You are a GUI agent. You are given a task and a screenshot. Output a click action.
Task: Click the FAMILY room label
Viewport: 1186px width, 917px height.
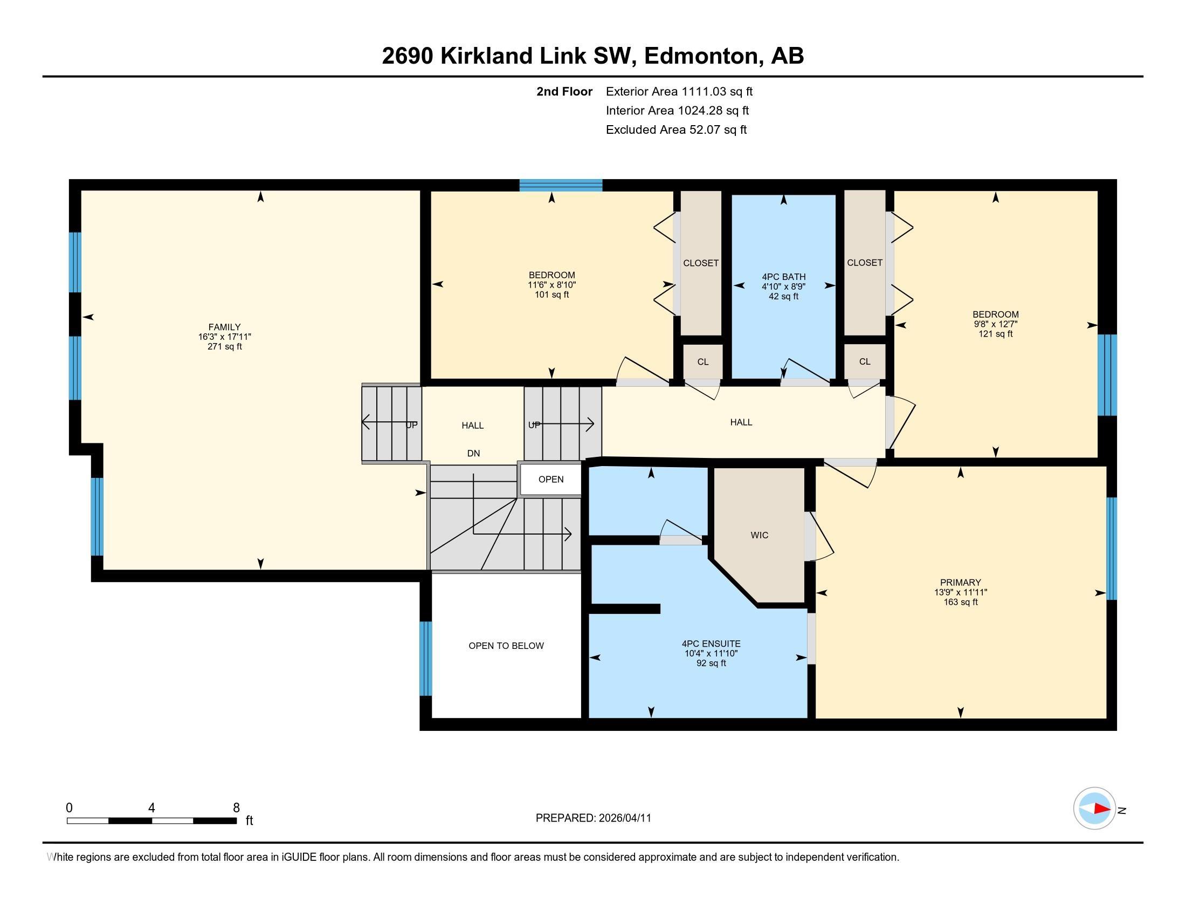pos(224,327)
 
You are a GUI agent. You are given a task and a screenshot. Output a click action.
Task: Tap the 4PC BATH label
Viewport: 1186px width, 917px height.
pos(783,277)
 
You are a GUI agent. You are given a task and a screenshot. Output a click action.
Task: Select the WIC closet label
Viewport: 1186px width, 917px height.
pos(759,535)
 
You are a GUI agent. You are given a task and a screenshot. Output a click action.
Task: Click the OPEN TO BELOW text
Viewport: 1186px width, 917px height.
pos(506,645)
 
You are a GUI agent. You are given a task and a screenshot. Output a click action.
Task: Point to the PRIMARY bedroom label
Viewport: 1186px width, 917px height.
pos(960,583)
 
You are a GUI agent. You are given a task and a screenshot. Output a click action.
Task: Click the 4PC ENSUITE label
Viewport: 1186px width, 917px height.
pos(711,644)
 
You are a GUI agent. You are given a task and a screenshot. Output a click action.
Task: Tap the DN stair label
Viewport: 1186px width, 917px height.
pos(473,453)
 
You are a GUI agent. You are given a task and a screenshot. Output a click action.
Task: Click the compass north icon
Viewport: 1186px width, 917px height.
pos(1094,809)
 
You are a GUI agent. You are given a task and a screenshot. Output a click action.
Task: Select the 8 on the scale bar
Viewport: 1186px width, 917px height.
pos(236,808)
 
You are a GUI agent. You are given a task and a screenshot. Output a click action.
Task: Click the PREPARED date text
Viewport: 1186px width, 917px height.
pos(593,818)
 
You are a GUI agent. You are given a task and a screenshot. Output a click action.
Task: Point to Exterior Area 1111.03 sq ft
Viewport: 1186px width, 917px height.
pos(679,92)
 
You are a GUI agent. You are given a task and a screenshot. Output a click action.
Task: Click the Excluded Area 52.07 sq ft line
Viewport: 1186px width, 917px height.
pos(676,130)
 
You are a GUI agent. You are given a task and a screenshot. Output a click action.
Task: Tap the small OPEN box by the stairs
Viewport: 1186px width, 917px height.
pos(550,479)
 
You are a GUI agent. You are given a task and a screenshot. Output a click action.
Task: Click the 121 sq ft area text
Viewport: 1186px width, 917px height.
pos(995,334)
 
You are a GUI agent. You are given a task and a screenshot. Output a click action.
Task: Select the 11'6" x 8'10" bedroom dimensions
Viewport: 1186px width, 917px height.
pos(551,285)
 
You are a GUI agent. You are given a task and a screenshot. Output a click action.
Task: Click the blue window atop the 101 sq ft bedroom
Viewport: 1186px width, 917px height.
pos(561,185)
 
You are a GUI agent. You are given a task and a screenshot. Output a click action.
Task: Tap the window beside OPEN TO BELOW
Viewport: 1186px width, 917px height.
pos(426,659)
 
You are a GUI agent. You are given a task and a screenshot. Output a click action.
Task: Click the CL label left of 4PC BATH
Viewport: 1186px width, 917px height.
pos(702,362)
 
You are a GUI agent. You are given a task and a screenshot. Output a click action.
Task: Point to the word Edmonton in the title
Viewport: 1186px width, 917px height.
pos(701,56)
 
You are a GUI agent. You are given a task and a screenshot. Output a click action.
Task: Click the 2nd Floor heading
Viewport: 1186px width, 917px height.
pos(564,92)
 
